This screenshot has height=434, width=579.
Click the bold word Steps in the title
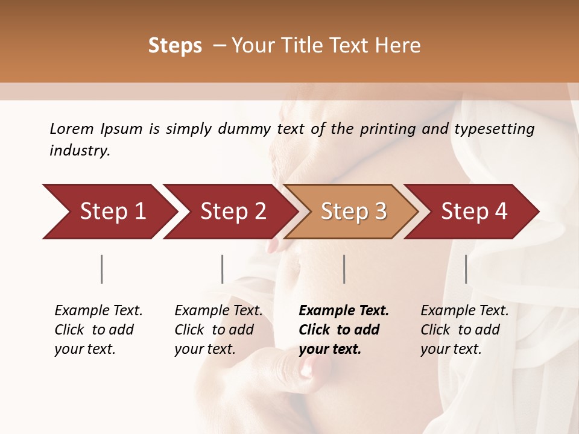pos(175,46)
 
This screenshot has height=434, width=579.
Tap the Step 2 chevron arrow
pos(232,212)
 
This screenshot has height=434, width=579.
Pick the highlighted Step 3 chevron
pos(353,212)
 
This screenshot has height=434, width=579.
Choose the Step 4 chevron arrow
pos(474,212)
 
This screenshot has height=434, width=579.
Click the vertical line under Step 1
pos(102,269)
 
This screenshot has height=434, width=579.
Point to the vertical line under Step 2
pos(223,269)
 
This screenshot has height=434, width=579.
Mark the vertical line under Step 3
pos(344,269)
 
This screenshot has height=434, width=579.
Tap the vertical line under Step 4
pos(466,269)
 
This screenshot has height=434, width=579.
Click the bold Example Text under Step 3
pos(344,310)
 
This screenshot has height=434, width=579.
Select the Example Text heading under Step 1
pos(98,310)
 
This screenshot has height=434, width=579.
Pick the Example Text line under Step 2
pos(218,310)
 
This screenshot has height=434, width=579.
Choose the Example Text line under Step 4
pos(464,310)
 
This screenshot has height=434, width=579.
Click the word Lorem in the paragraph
pos(72,128)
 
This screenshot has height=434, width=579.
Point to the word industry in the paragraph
pos(80,151)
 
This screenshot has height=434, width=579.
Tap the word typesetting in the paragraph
pos(494,129)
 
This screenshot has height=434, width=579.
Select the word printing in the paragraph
pos(387,129)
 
